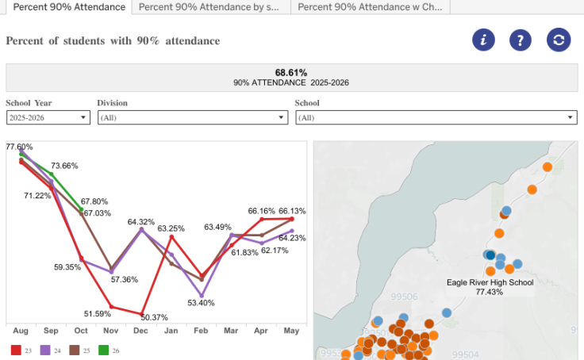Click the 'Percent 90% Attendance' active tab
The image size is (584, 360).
pyautogui.click(x=70, y=6)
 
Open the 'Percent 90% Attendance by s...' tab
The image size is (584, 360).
pyautogui.click(x=209, y=6)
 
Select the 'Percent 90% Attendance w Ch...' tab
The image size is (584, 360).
pyautogui.click(x=370, y=6)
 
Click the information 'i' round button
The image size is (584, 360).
pyautogui.click(x=484, y=40)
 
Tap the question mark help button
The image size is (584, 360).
pyautogui.click(x=521, y=40)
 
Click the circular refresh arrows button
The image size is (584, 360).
pyautogui.click(x=559, y=40)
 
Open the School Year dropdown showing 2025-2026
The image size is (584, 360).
pyautogui.click(x=48, y=117)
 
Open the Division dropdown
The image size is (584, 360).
pyautogui.click(x=191, y=117)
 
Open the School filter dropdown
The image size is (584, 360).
pyautogui.click(x=435, y=117)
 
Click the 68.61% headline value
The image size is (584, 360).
pyautogui.click(x=291, y=72)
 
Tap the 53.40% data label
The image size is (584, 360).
pyautogui.click(x=202, y=303)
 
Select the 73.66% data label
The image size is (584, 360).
pyautogui.click(x=65, y=166)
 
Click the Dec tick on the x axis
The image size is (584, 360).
pyautogui.click(x=140, y=331)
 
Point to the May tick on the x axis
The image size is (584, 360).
pyautogui.click(x=291, y=331)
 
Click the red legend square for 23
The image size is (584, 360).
pyautogui.click(x=15, y=350)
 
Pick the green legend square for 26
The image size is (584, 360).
pyautogui.click(x=104, y=350)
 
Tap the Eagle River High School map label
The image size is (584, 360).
pyautogui.click(x=490, y=282)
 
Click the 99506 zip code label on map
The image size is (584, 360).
pyautogui.click(x=405, y=297)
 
